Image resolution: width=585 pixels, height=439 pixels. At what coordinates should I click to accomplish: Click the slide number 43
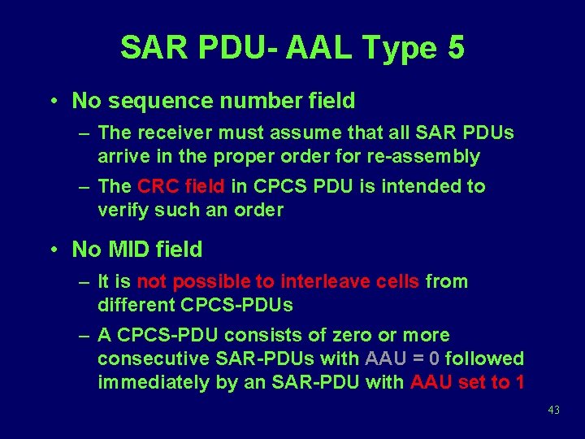(x=554, y=411)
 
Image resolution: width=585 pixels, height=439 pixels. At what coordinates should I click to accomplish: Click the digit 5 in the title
(x=455, y=48)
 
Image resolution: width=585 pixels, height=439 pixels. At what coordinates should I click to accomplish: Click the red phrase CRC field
(x=181, y=186)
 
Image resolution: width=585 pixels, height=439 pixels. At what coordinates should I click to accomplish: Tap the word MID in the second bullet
(x=132, y=249)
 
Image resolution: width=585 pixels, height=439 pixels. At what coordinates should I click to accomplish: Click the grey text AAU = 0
(x=403, y=359)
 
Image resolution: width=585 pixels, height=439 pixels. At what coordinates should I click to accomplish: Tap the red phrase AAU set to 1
(x=467, y=382)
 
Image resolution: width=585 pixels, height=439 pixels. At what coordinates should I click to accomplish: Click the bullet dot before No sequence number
(x=52, y=102)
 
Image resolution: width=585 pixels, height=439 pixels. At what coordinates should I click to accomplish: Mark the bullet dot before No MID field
(x=52, y=250)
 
